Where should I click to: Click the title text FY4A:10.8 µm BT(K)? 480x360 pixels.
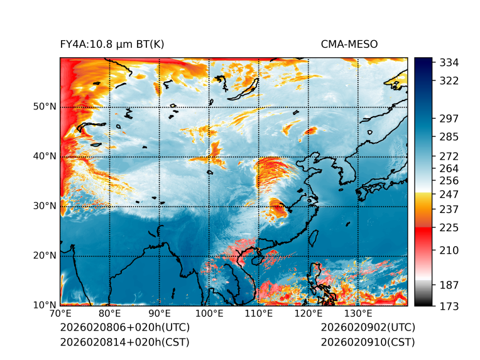click(x=112, y=44)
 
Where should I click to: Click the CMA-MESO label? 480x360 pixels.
click(x=349, y=44)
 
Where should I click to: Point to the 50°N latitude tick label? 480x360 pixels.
click(x=45, y=106)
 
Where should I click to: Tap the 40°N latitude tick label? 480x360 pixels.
click(x=45, y=156)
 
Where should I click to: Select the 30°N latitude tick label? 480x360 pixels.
click(x=45, y=205)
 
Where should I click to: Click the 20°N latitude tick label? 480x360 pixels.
click(x=45, y=255)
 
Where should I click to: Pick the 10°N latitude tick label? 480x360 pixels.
click(x=45, y=305)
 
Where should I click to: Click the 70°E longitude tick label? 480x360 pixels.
click(x=60, y=314)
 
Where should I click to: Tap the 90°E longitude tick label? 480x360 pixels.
click(x=160, y=314)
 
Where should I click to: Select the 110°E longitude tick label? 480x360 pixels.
click(x=259, y=314)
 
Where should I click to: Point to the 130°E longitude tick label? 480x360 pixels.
click(x=358, y=314)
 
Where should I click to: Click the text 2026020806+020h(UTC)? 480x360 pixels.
click(x=124, y=327)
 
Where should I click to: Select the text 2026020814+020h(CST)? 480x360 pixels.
click(x=124, y=342)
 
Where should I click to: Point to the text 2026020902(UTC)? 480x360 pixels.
click(x=368, y=327)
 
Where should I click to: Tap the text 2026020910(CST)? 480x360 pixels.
click(x=368, y=342)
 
